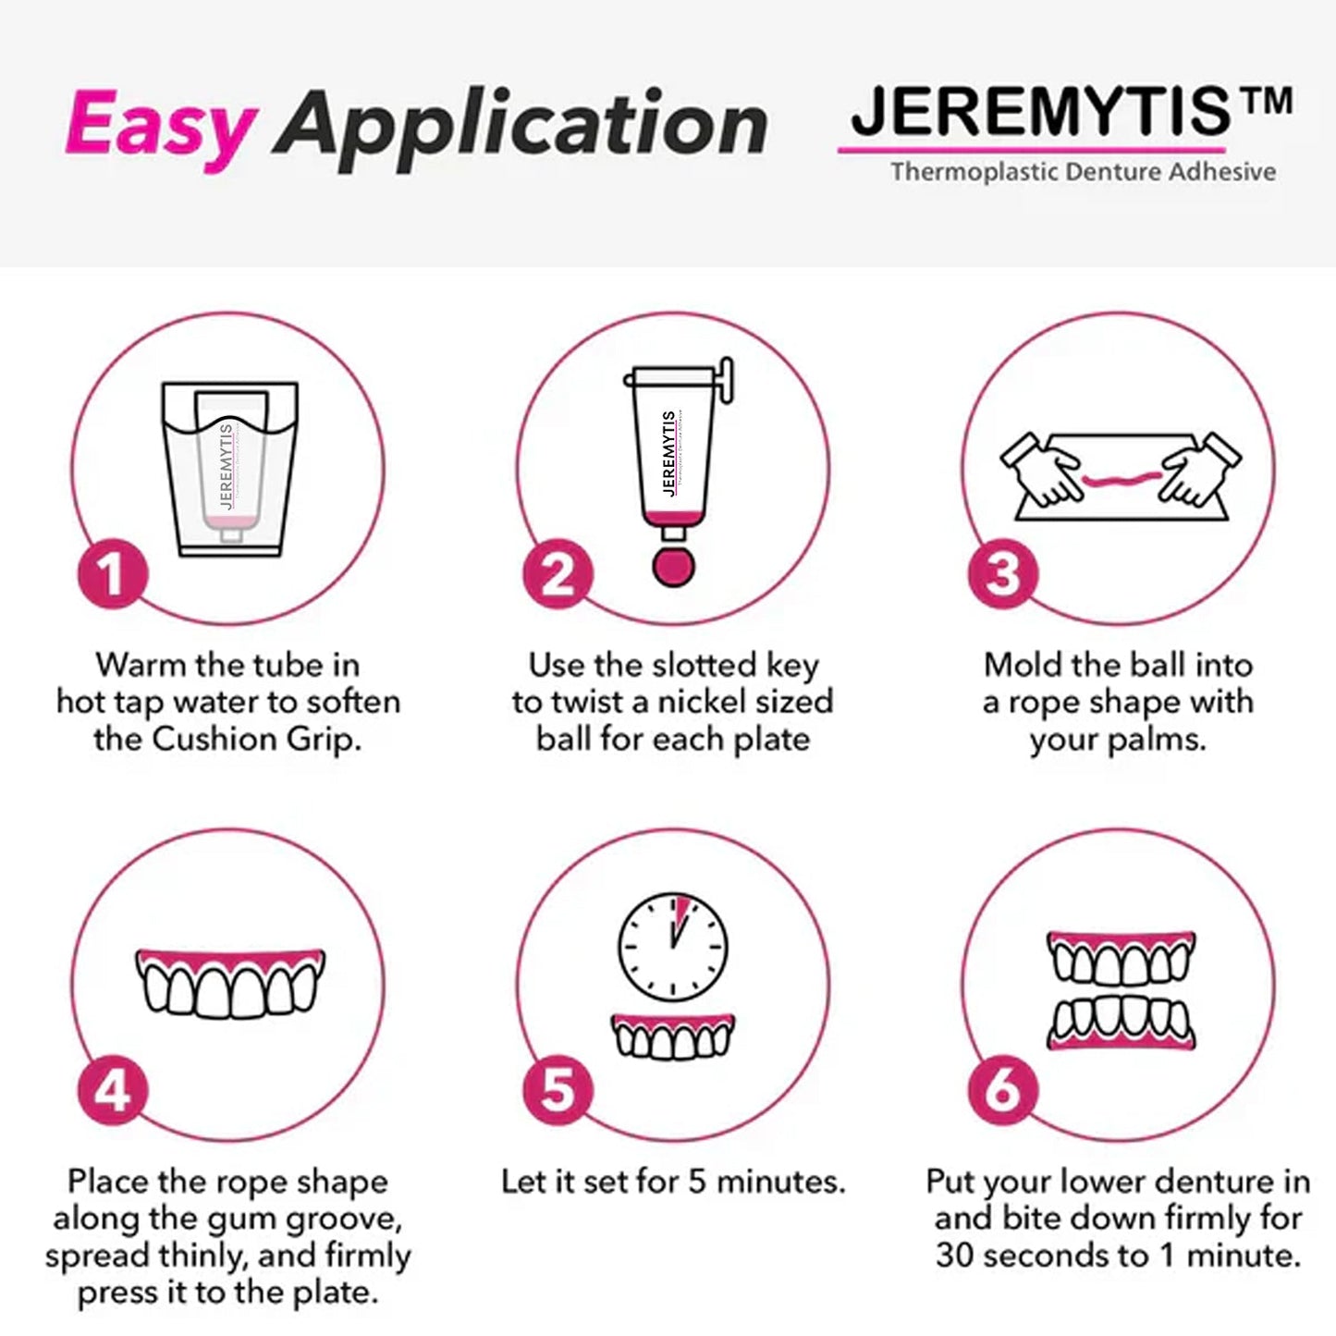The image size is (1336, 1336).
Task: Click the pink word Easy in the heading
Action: [159, 125]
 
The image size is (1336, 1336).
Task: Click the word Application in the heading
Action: [520, 125]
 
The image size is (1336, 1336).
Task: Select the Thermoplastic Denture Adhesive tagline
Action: [1083, 172]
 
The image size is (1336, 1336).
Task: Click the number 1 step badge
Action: [112, 574]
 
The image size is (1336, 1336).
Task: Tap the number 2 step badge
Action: [558, 574]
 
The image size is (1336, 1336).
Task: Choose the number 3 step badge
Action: [1003, 574]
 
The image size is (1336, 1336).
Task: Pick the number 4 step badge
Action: [112, 1091]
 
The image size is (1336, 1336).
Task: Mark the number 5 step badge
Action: [558, 1091]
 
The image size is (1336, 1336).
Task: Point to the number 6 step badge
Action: [1003, 1091]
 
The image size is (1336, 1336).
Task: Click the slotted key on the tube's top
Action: [725, 380]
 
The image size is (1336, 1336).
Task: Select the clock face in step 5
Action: [672, 946]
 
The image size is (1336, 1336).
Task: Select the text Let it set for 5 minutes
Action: [672, 1182]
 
